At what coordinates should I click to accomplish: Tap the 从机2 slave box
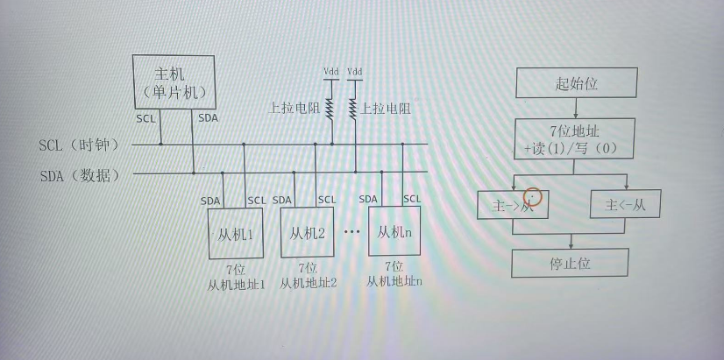[308, 233]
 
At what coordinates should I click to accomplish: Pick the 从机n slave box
[394, 231]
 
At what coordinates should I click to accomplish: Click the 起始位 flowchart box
[575, 84]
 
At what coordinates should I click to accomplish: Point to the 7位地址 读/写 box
[571, 140]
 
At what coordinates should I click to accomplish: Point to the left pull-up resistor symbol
[331, 109]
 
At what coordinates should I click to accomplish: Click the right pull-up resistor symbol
[355, 109]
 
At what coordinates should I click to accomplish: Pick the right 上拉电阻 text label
[386, 109]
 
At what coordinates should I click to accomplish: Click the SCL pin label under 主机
[146, 117]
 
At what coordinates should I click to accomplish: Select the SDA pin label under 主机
[209, 117]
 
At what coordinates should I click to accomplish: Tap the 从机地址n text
[394, 280]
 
